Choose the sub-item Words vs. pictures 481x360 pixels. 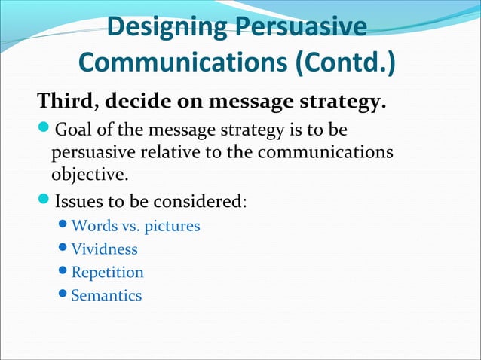tap(136, 226)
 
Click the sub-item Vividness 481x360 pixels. tap(104, 249)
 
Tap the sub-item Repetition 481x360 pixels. tap(107, 272)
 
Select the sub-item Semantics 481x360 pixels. tap(106, 295)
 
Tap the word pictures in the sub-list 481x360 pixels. tap(174, 226)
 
